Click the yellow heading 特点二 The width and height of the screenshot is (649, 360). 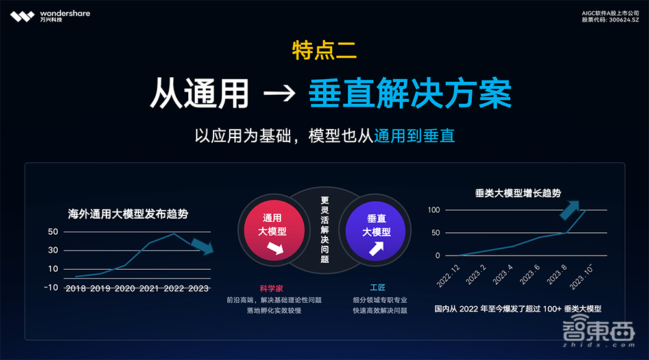tap(324, 50)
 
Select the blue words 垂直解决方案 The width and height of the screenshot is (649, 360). tap(410, 94)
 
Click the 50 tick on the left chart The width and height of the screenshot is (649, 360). tap(53, 232)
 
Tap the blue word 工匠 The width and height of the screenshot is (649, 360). tap(378, 288)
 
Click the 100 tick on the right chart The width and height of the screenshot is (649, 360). tap(434, 210)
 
